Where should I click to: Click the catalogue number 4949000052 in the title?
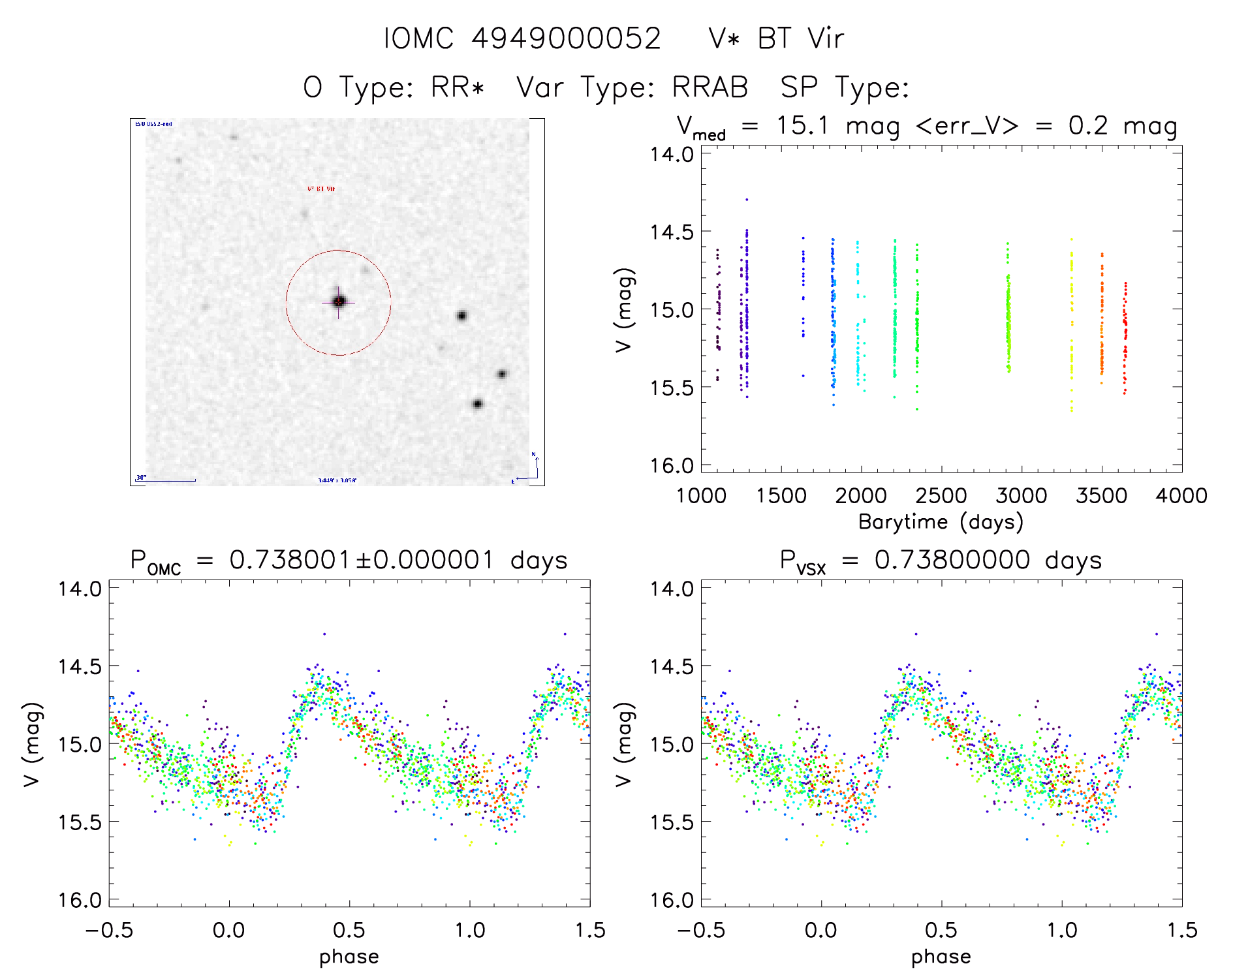tap(566, 39)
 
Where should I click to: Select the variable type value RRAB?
tap(710, 87)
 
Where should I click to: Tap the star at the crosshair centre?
tap(339, 302)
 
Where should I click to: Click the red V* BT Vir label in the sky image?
tap(321, 189)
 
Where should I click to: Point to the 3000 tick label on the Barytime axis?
tap(1022, 495)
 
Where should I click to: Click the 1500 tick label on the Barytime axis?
tap(781, 495)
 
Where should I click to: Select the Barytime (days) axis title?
tap(941, 522)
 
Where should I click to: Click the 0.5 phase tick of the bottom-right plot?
tap(941, 930)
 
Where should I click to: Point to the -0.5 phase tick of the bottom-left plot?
tap(109, 930)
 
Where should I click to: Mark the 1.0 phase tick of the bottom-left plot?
tap(470, 930)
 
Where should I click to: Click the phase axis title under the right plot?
tap(941, 957)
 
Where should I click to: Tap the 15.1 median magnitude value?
tap(802, 125)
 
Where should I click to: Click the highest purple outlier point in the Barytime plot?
tap(747, 199)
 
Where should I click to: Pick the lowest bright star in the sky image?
tap(477, 404)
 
